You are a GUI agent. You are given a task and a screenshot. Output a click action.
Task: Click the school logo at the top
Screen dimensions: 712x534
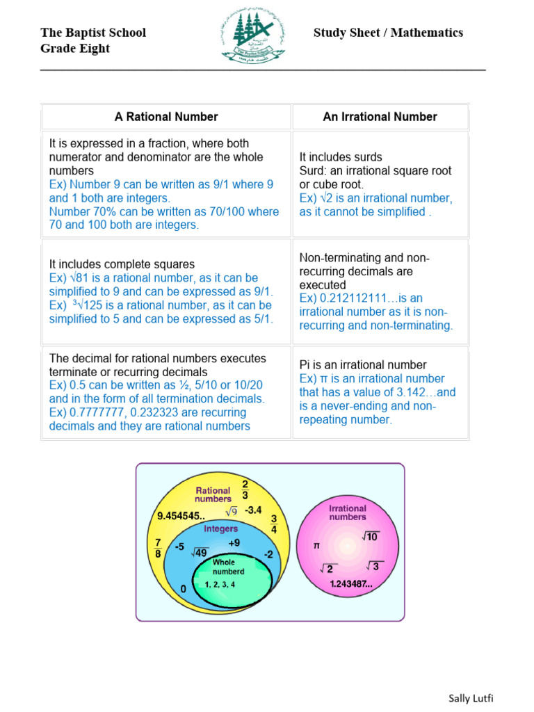[253, 37]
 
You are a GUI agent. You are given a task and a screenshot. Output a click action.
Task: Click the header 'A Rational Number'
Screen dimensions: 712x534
[166, 117]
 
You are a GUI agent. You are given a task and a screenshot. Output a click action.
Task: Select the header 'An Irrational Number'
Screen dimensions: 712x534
[380, 117]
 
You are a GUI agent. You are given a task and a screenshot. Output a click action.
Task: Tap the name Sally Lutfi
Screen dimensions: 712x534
[470, 698]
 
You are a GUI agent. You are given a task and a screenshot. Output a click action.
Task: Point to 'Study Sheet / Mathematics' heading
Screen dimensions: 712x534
[388, 33]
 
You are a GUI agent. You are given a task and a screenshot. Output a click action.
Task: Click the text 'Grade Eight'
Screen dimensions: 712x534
[75, 49]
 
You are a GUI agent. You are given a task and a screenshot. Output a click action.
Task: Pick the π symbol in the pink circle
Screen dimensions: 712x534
[316, 547]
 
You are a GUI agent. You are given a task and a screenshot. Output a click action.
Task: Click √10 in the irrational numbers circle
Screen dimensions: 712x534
[369, 536]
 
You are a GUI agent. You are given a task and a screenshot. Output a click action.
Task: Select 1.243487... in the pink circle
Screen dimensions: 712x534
[352, 584]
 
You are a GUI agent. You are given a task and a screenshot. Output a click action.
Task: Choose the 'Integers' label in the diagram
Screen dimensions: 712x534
[220, 529]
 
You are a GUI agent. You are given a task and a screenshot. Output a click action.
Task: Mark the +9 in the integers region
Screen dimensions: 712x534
[234, 542]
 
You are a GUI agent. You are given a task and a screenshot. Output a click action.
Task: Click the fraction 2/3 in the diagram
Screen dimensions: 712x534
[245, 489]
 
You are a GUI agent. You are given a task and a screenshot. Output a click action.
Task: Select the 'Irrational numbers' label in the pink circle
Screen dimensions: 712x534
[348, 513]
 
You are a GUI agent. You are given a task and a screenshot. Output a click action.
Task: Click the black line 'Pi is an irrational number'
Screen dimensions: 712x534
[363, 365]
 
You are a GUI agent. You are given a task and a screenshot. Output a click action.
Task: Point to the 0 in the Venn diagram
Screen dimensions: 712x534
[184, 589]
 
